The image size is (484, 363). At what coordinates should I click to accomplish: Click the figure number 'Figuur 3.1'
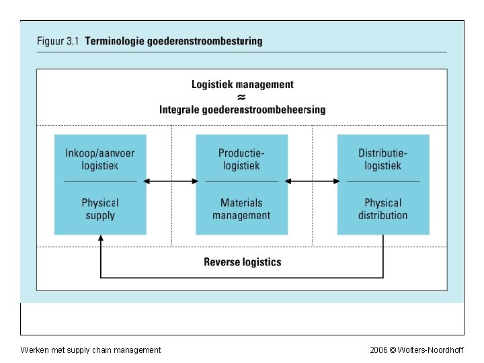pos(58,41)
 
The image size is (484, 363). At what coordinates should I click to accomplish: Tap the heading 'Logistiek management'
pos(242,85)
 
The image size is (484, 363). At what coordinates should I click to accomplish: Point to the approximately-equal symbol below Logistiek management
pos(242,97)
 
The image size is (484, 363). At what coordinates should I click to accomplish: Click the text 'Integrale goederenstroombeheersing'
pos(242,109)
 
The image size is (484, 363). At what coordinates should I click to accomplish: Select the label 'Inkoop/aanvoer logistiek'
pos(100,159)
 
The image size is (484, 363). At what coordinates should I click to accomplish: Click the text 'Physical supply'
pos(100,209)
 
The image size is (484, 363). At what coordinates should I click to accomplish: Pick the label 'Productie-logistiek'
pos(241,159)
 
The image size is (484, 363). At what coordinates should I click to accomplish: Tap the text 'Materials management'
pos(241,209)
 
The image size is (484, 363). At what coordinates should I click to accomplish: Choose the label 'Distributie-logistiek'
pos(382,159)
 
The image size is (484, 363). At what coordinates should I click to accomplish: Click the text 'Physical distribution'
pos(382,209)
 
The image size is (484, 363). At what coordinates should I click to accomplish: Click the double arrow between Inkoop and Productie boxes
pos(171,181)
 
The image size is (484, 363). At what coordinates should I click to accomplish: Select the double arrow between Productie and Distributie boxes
pos(313,181)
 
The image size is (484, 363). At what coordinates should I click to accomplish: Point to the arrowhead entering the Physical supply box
pos(100,238)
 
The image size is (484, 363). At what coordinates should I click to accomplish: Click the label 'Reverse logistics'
pos(242,262)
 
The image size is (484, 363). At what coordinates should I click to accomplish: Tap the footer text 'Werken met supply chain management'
pos(91,350)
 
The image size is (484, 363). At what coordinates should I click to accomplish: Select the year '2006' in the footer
pos(378,350)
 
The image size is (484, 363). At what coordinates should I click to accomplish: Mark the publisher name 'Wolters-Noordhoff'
pos(430,350)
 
